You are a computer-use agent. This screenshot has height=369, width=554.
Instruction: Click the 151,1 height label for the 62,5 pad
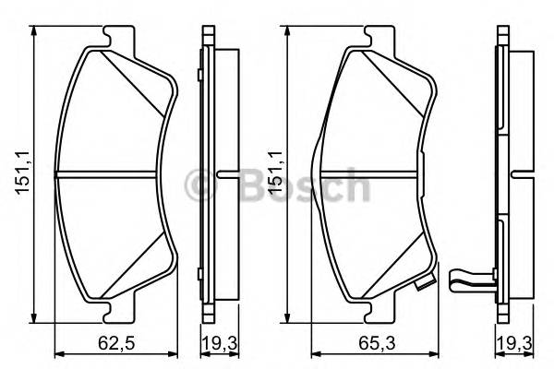click(x=21, y=173)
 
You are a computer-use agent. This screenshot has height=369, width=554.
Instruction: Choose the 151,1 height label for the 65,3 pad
click(x=273, y=173)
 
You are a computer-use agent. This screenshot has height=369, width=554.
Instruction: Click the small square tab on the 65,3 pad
click(x=425, y=287)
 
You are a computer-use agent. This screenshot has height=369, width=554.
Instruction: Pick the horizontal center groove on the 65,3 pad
click(x=369, y=173)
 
